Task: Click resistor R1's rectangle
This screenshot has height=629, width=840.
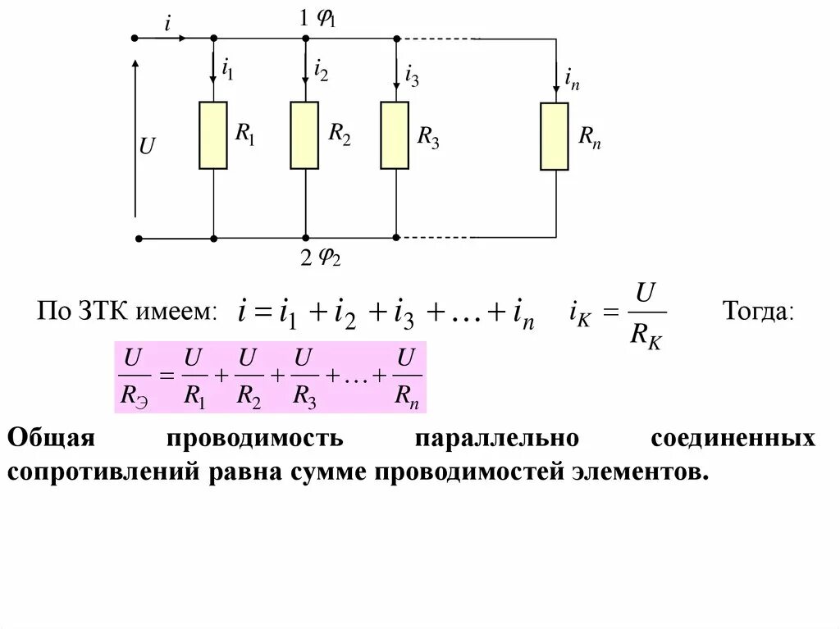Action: [x=213, y=135]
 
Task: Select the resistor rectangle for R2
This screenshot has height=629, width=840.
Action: [x=304, y=135]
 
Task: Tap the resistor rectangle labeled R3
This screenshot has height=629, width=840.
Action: [x=395, y=135]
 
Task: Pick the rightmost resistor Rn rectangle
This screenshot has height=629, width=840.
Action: [x=555, y=136]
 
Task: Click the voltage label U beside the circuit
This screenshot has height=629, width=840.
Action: [x=147, y=147]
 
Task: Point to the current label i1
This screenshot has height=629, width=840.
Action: [x=226, y=71]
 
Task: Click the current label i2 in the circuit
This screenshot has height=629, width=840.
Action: [x=320, y=71]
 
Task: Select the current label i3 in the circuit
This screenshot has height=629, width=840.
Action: [x=411, y=77]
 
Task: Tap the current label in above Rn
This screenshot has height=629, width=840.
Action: [x=572, y=80]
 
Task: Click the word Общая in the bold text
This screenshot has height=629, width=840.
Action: [x=52, y=437]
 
